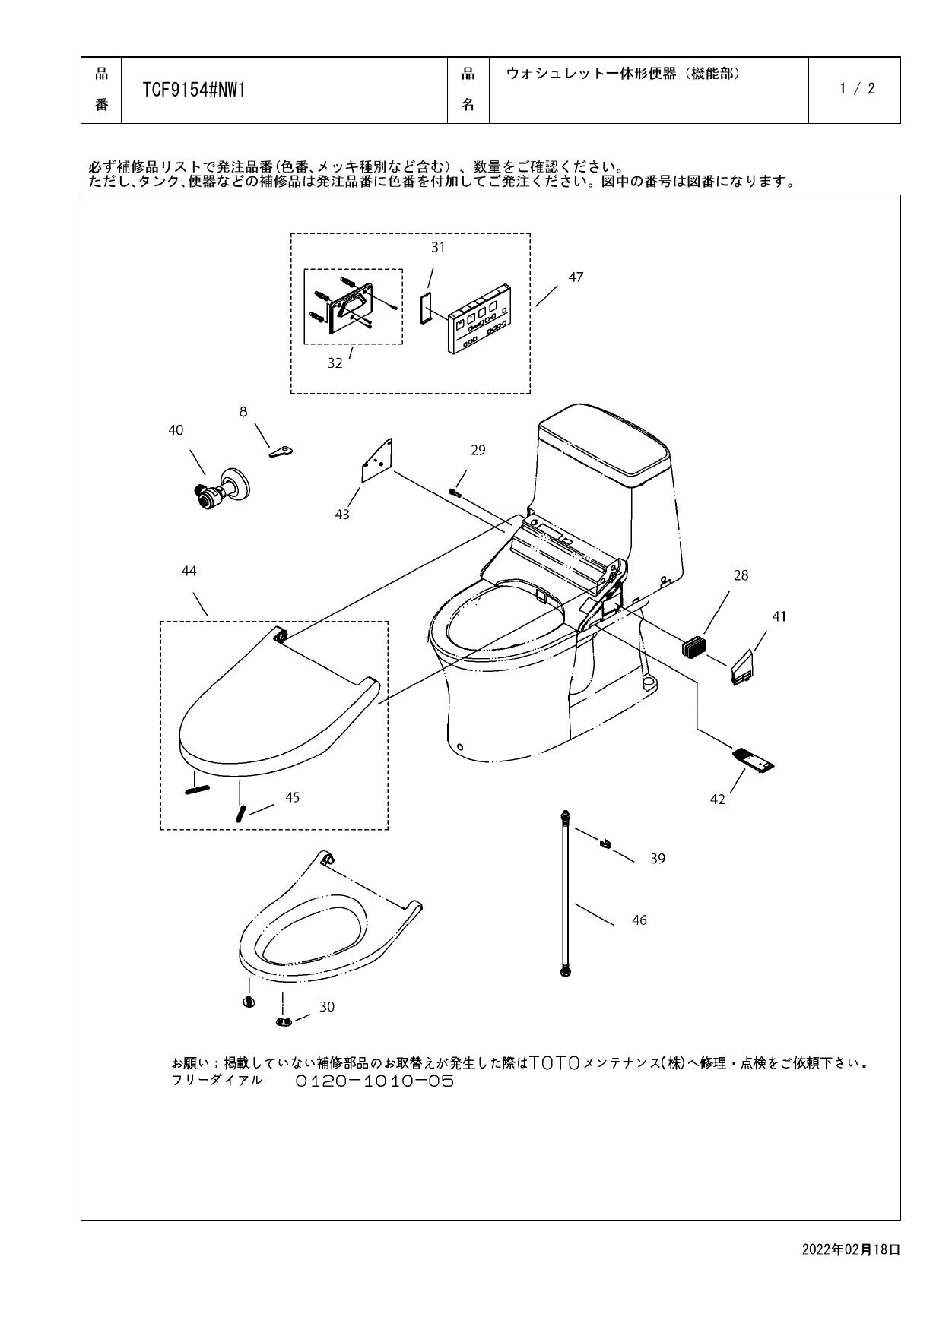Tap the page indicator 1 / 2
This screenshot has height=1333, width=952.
pos(857,88)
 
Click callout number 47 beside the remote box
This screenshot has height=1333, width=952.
pos(576,277)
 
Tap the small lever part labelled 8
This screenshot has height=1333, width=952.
pos(281,452)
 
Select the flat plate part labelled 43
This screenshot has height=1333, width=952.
pos(376,461)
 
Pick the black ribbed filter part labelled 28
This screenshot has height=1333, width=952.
pos(693,647)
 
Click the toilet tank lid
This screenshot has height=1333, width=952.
pos(605,443)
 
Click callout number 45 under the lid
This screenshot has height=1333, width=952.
pos(292,797)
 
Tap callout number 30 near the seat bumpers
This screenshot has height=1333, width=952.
pos(326,1007)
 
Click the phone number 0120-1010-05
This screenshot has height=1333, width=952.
pos(374,1081)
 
